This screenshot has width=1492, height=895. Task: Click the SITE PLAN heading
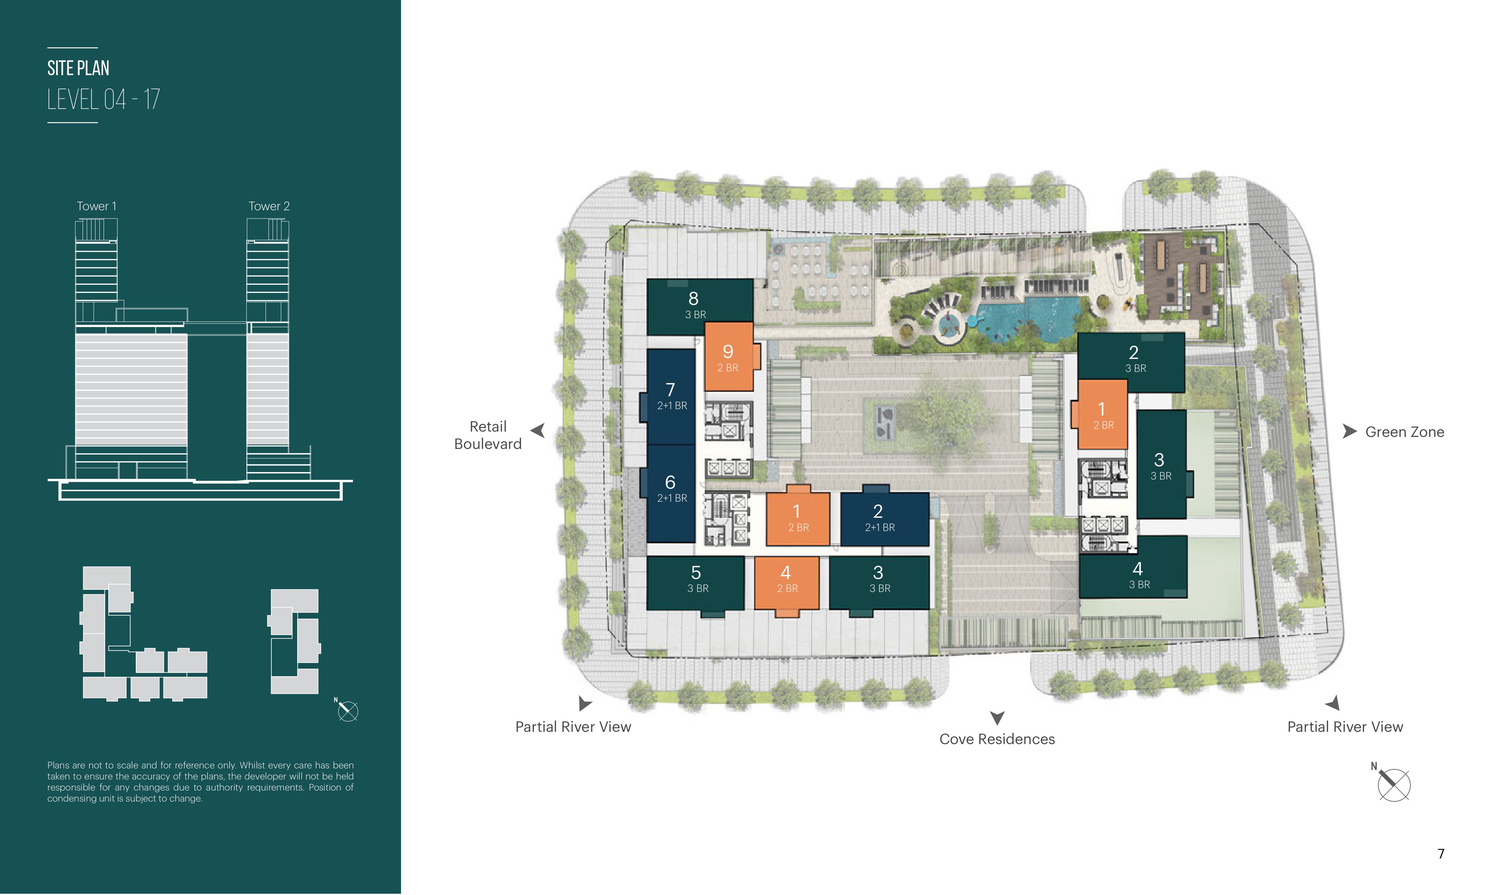pyautogui.click(x=78, y=68)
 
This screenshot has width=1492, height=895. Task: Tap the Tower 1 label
pyautogui.click(x=97, y=206)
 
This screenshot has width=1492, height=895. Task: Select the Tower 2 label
pyautogui.click(x=269, y=206)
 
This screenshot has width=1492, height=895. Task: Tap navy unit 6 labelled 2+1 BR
pyautogui.click(x=671, y=493)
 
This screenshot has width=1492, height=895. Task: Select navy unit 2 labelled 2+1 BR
pyautogui.click(x=884, y=519)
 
